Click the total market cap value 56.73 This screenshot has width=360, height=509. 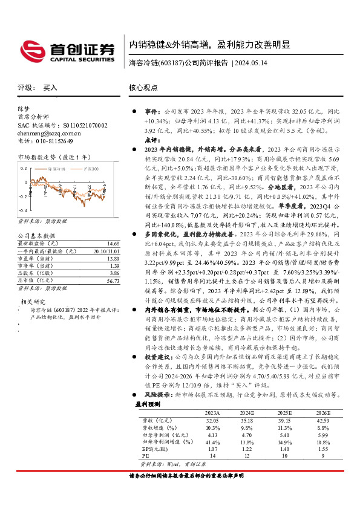click(113, 280)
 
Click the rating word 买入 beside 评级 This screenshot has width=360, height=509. click(50, 88)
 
